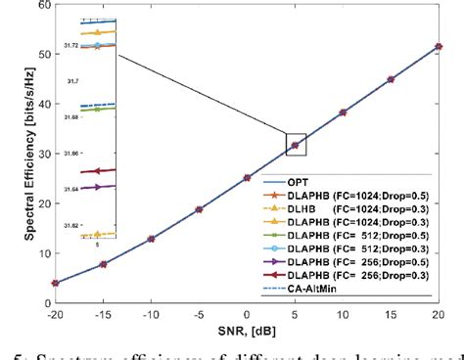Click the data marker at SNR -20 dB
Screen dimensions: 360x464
55,283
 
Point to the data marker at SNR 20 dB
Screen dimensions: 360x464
438,46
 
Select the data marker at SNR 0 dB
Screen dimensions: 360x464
247,178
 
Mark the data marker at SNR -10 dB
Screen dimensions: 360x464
151,239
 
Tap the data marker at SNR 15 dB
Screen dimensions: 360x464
390,79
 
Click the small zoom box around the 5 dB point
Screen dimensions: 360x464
295,144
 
